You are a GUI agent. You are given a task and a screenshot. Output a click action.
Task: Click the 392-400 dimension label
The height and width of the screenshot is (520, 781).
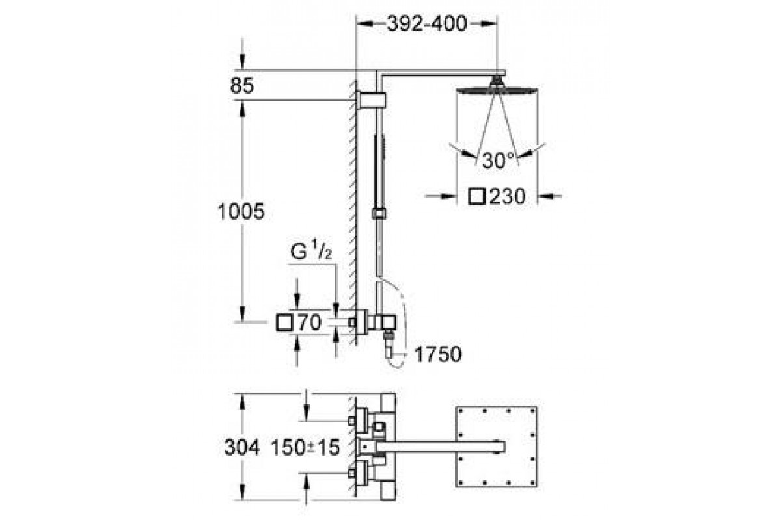coord(427,23)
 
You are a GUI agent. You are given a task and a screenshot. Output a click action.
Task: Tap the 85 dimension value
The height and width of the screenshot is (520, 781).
coord(242,85)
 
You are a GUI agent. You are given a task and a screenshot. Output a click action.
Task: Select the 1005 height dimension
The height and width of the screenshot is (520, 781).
coord(241,211)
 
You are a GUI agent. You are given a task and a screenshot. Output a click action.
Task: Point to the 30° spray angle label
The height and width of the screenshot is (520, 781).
coord(499,161)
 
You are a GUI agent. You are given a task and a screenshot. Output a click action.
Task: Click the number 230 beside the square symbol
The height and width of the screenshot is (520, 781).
coord(507,196)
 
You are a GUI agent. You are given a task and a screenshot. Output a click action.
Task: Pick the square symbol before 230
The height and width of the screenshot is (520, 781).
coord(477,196)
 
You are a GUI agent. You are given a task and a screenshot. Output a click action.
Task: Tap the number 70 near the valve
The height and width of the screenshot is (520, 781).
coord(309,322)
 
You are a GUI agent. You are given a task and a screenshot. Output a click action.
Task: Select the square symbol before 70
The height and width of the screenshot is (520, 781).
coord(284,322)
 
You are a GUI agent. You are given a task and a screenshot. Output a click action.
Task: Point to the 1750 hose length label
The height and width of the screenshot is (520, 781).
coord(438,354)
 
